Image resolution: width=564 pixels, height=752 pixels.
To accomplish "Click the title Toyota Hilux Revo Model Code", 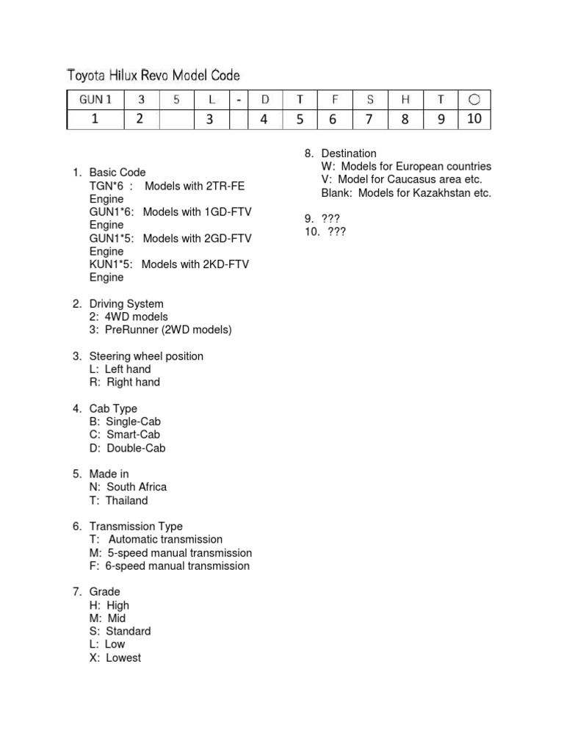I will tap(153, 75).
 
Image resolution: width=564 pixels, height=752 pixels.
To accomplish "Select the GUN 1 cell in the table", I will tap(95, 100).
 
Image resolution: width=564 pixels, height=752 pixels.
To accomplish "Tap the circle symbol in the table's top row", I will tap(474, 100).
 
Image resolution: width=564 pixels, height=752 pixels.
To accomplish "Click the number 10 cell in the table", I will tap(474, 119).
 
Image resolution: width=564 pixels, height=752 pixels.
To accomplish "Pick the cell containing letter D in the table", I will tap(265, 100).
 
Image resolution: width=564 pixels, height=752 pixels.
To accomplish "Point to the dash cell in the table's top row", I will tap(239, 100).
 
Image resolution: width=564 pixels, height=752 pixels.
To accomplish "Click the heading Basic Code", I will tap(117, 173).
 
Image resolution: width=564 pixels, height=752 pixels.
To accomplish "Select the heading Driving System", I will tap(126, 303).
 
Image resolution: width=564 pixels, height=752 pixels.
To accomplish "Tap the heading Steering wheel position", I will tap(146, 356).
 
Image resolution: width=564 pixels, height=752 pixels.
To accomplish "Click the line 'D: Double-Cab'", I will tap(127, 448).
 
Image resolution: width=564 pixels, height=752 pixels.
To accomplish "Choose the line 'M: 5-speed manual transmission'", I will tap(170, 553).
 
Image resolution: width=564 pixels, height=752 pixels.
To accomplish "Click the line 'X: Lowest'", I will tap(115, 658).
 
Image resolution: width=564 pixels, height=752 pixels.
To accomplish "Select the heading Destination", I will tap(349, 153).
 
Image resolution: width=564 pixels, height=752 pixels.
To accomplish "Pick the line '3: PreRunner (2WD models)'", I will tap(160, 330).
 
